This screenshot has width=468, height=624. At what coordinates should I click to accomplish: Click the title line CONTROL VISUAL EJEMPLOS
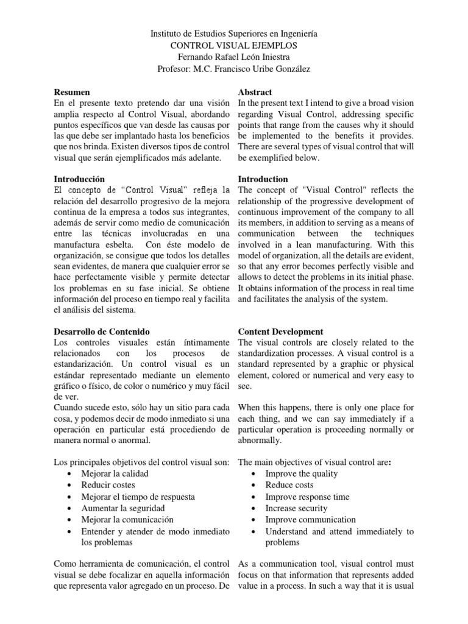point(234,46)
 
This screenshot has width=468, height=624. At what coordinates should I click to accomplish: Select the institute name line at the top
point(234,34)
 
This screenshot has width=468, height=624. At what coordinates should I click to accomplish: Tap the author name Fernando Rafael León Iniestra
point(234,57)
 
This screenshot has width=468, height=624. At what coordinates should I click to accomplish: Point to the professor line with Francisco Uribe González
point(234,69)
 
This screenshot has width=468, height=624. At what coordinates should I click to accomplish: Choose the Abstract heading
point(255,92)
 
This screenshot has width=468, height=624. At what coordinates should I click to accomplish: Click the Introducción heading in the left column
point(79,179)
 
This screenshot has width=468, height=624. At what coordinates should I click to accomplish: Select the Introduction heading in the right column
point(263,179)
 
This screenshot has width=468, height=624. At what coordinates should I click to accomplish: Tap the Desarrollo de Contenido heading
point(102,331)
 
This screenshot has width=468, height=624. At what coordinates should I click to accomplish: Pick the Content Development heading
point(280,331)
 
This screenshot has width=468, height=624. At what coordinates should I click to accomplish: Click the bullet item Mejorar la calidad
point(115,473)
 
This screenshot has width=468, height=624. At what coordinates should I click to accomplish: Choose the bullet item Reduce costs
point(289,485)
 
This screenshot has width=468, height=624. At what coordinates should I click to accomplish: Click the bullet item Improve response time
point(307,497)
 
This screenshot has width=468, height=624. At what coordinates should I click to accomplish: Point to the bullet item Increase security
point(296,508)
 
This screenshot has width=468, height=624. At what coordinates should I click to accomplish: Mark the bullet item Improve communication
point(310,520)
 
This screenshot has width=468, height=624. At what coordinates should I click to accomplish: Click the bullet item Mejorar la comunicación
point(127,520)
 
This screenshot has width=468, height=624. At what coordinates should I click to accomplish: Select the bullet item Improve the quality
point(301,473)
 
